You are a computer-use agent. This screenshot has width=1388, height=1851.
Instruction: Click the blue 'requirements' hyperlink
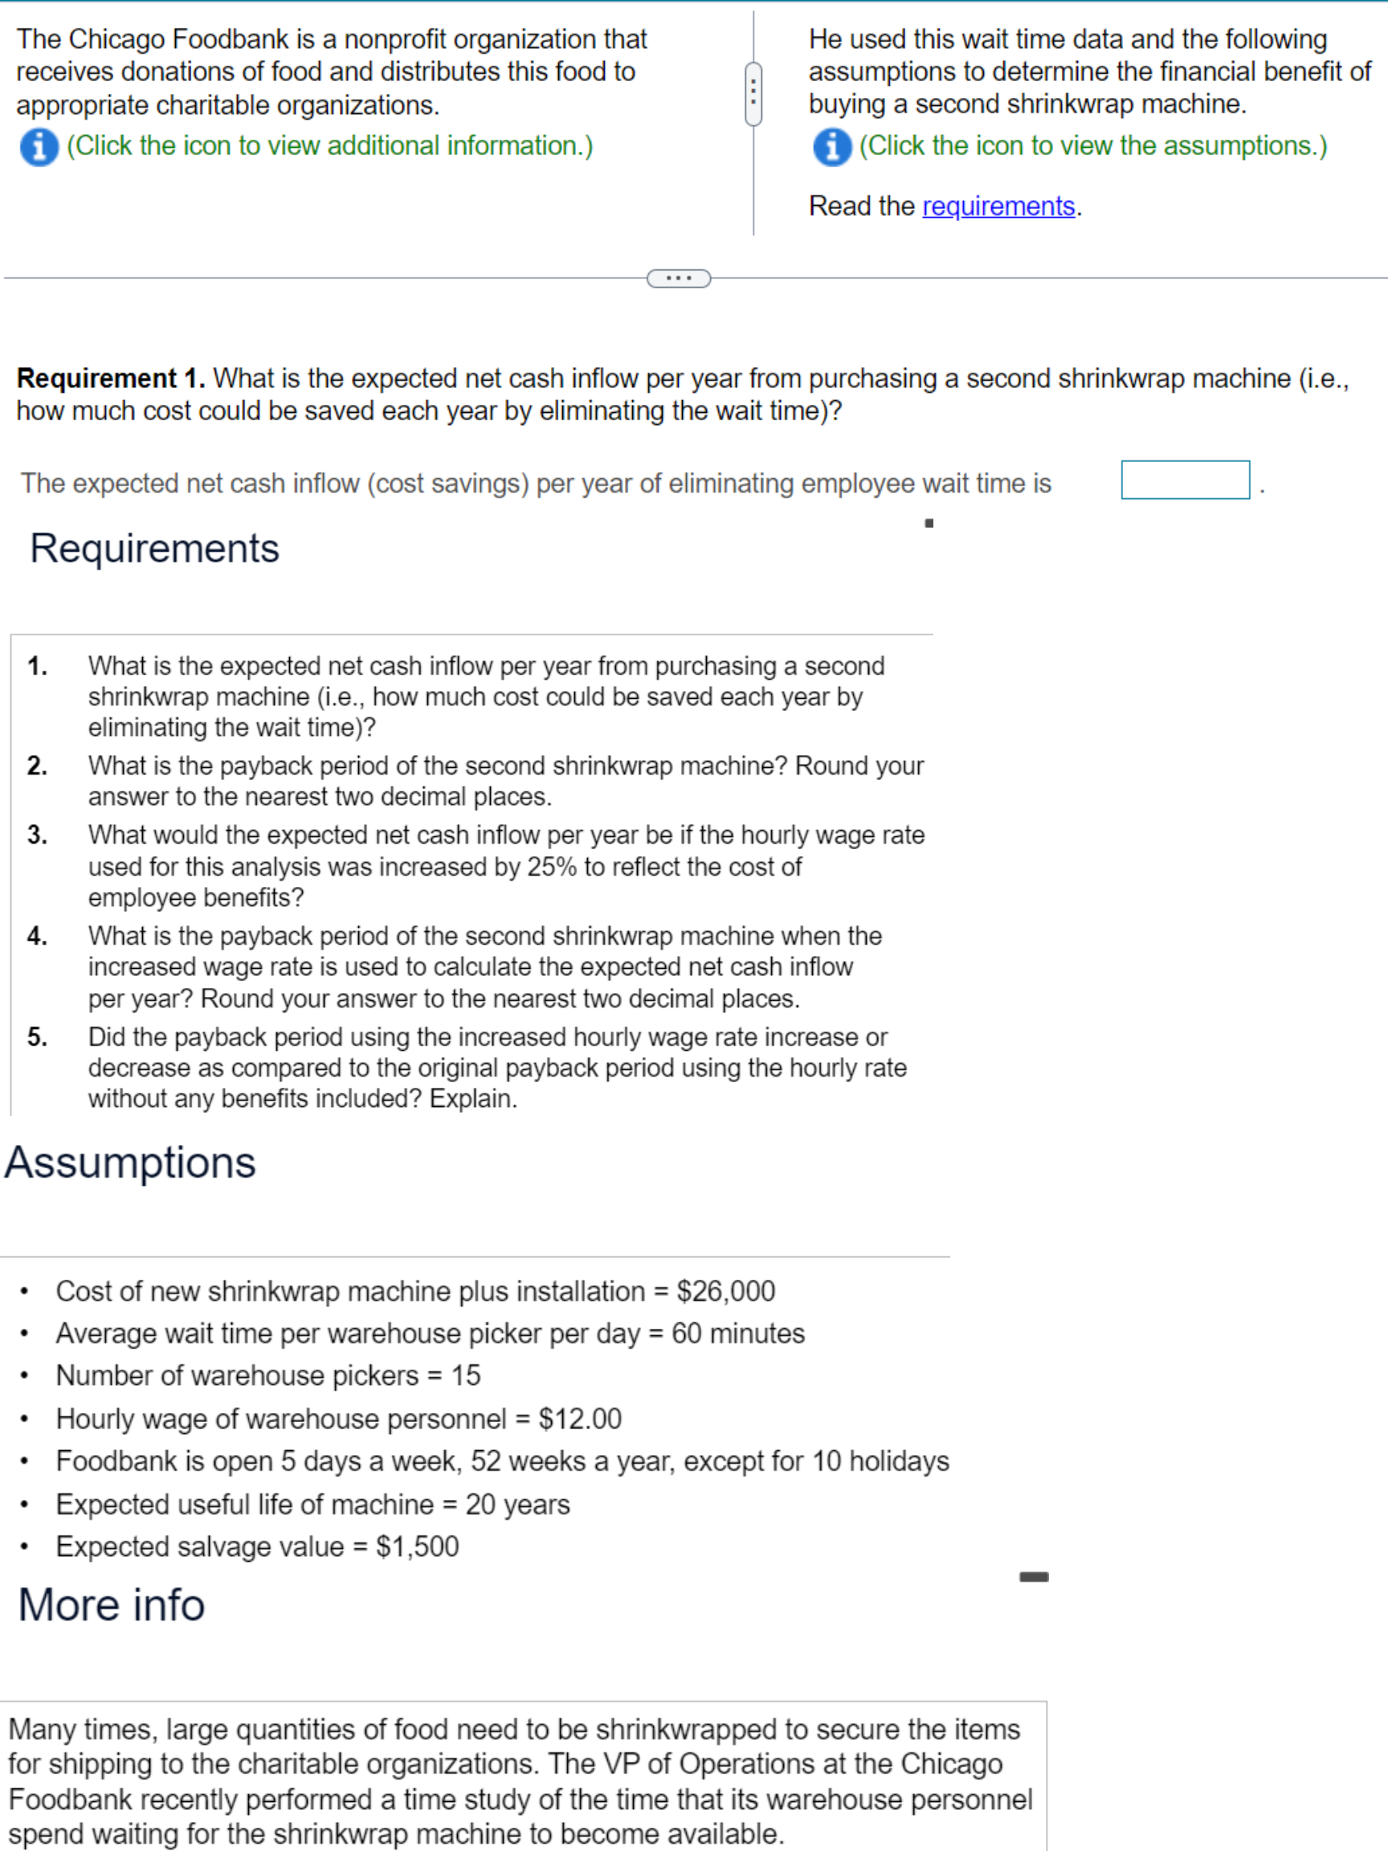(x=998, y=206)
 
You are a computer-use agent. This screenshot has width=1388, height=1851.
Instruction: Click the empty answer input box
(x=1185, y=480)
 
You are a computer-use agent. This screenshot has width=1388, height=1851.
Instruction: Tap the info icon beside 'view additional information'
(x=39, y=147)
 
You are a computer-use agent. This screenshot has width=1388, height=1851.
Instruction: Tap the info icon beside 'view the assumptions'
(x=831, y=147)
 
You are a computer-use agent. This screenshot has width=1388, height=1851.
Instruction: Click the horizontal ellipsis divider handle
(x=679, y=278)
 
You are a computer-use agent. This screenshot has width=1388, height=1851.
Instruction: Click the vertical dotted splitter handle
(x=753, y=93)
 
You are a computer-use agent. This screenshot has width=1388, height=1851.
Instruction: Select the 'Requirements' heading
(x=155, y=549)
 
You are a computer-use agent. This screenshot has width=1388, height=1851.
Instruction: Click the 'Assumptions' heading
(x=130, y=1162)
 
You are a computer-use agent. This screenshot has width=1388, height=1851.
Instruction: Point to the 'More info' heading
(x=112, y=1604)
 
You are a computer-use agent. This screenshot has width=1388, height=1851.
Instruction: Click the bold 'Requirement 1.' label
(x=110, y=379)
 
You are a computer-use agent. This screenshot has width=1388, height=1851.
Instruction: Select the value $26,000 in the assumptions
(x=725, y=1291)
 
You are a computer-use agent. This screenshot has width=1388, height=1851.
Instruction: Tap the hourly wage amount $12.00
(x=580, y=1418)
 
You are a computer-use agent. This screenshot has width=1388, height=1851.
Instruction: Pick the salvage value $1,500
(x=418, y=1546)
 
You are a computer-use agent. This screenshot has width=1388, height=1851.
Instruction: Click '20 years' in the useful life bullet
(x=517, y=1504)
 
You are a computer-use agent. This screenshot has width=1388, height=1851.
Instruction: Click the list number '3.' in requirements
(x=37, y=834)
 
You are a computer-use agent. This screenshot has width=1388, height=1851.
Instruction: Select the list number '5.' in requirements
(x=37, y=1037)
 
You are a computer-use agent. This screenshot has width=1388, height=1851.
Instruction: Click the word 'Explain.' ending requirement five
(x=474, y=1098)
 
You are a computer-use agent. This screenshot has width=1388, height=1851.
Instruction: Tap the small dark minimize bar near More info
(x=1033, y=1576)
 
